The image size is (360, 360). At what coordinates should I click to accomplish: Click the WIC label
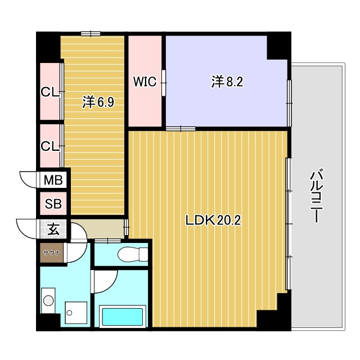tap(145, 82)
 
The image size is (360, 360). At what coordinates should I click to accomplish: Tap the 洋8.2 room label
tap(227, 82)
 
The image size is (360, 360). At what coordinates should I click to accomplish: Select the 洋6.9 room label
tap(98, 102)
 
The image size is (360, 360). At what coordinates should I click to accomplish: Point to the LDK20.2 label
tap(213, 220)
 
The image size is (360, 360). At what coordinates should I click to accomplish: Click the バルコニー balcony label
tap(317, 196)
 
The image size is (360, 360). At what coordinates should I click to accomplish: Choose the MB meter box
tap(53, 180)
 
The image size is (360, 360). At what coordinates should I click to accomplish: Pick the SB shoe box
tap(53, 204)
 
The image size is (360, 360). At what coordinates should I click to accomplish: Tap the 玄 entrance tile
tap(53, 229)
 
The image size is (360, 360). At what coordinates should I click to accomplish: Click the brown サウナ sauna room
tap(52, 253)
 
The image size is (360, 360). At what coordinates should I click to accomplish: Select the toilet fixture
tap(133, 254)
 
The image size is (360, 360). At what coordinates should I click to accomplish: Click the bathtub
tap(123, 316)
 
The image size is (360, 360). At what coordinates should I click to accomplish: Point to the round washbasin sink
tap(48, 300)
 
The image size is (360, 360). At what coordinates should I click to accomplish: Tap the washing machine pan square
tap(76, 313)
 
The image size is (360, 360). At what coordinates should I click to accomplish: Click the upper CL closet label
tap(50, 92)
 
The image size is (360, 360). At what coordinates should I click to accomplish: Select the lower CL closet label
tap(50, 146)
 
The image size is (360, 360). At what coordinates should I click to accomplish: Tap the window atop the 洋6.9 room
tap(91, 34)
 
